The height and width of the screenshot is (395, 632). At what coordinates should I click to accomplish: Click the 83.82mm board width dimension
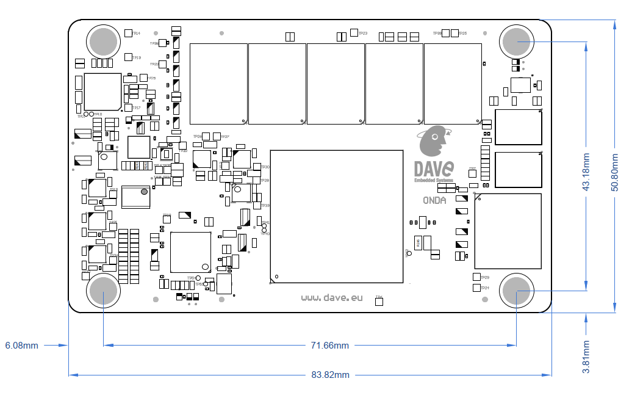330,374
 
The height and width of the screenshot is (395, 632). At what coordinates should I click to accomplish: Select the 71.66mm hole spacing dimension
330,346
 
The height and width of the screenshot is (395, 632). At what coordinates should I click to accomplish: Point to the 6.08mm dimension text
22,346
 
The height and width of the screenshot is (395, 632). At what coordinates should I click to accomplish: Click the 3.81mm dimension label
586,357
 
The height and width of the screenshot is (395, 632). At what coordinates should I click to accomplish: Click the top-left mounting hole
103,41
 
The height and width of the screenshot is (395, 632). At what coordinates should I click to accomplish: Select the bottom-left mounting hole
103,291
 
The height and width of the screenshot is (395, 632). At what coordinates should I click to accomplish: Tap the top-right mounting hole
516,41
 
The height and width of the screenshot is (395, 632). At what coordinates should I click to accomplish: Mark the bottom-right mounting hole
516,291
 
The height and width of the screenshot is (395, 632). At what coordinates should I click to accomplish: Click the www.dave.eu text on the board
332,297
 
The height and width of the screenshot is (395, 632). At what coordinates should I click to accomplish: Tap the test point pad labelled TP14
127,33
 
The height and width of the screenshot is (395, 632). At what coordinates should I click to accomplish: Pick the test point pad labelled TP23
354,33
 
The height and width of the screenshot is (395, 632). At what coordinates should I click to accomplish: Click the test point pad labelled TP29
476,277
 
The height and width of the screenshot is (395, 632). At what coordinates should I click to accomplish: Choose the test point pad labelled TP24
476,288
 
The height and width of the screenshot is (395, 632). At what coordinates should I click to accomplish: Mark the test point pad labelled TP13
127,57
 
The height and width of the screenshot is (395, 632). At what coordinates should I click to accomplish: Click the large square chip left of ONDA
336,216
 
